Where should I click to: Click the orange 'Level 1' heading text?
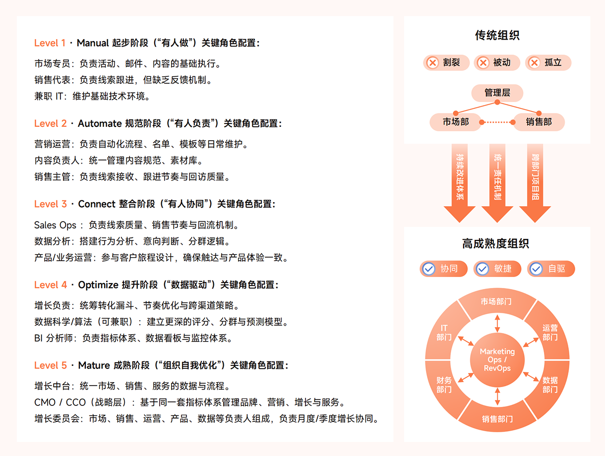[x=50, y=43]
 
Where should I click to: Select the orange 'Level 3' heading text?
[x=50, y=204]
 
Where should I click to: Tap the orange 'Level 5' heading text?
[x=50, y=365]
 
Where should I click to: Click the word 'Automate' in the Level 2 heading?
[x=99, y=123]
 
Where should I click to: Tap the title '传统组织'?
[x=497, y=36]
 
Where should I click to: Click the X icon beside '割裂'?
[x=432, y=63]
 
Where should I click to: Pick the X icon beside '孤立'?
[x=534, y=63]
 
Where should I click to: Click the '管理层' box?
[x=497, y=93]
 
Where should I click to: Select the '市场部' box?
[x=456, y=122]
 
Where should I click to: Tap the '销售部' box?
[x=539, y=122]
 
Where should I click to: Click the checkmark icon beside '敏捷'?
[x=482, y=269]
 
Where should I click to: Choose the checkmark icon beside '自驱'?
[x=536, y=269]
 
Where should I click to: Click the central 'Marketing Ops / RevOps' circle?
[x=497, y=360]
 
